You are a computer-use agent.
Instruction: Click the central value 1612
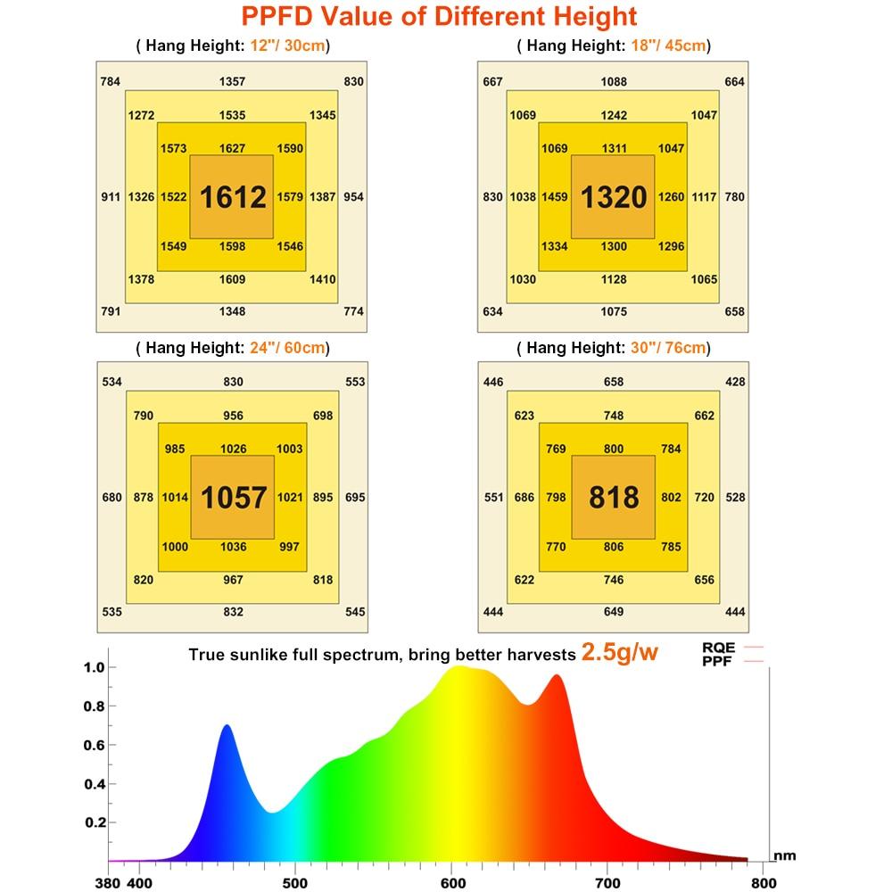(232, 196)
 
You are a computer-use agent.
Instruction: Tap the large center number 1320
(614, 196)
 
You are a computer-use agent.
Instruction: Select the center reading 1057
(232, 497)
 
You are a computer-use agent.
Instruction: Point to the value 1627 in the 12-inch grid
(232, 148)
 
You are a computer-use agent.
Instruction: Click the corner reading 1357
(232, 82)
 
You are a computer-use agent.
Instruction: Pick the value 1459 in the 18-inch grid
(555, 196)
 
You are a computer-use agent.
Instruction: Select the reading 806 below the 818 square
(614, 547)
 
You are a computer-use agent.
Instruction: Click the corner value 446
(493, 383)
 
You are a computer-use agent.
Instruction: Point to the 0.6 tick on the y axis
(94, 745)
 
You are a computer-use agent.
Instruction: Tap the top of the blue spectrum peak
(227, 726)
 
